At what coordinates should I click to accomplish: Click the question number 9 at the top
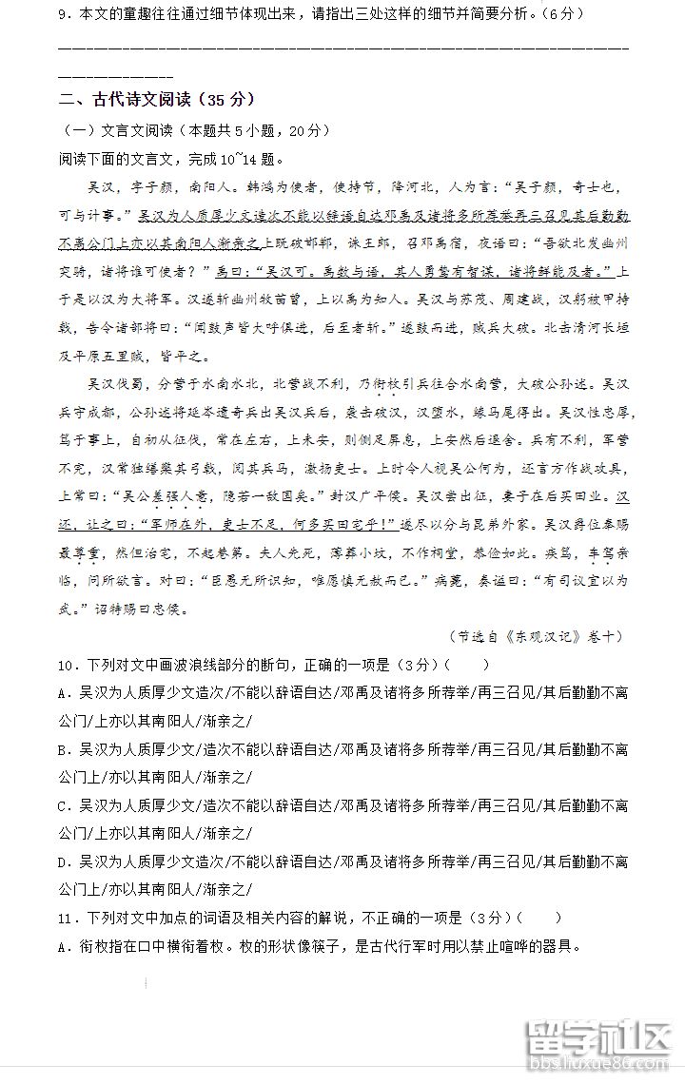(x=64, y=14)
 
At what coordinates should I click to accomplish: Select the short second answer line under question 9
(x=115, y=76)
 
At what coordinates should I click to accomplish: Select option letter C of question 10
(x=64, y=805)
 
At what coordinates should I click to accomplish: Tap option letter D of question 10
(x=64, y=861)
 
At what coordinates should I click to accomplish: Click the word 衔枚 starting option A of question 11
(x=92, y=946)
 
